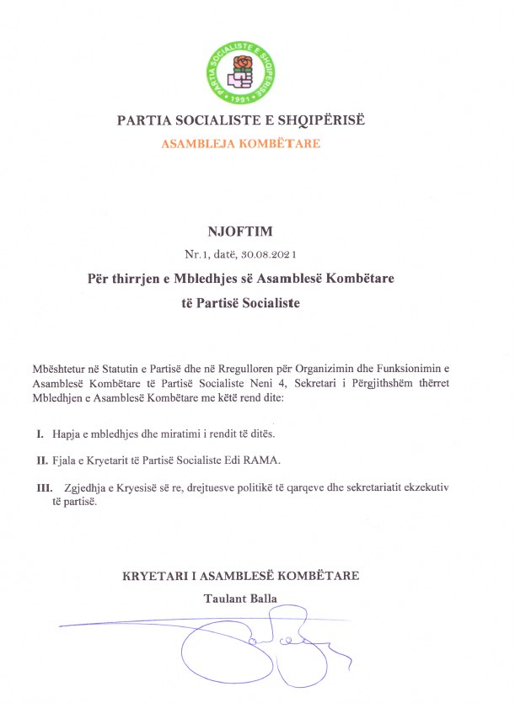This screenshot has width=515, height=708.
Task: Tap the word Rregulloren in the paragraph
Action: click(243, 369)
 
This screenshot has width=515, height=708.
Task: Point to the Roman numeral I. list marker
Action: click(40, 434)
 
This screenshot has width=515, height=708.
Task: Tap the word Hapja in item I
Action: click(65, 434)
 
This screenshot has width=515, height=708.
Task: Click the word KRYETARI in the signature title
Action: click(154, 576)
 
